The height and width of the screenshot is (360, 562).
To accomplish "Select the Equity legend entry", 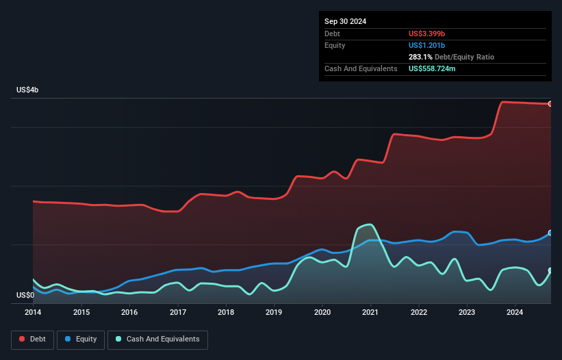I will point(81,339).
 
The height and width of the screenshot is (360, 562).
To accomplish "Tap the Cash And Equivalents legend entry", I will point(157,339).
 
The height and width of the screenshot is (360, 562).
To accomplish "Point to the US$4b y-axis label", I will point(27,90).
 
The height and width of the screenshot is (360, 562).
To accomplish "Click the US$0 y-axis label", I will point(25,296).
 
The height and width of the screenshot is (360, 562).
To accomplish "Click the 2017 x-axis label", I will point(178,313).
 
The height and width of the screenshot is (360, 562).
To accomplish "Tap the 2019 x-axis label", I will point(274,313).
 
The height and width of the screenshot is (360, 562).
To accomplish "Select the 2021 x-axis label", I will point(370,313).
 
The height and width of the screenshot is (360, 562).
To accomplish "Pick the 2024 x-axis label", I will point(515,313).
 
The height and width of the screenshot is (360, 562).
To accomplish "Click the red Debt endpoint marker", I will point(550,104).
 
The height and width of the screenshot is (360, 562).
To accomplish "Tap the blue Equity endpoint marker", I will point(550,233).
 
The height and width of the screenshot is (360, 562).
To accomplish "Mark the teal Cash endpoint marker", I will point(550,270).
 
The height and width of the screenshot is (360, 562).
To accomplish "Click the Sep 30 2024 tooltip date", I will point(346,21).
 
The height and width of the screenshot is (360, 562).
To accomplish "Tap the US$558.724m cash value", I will point(437,69).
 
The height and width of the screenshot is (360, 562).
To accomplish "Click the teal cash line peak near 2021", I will point(370,224).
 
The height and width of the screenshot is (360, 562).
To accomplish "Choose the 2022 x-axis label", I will point(419,313).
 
